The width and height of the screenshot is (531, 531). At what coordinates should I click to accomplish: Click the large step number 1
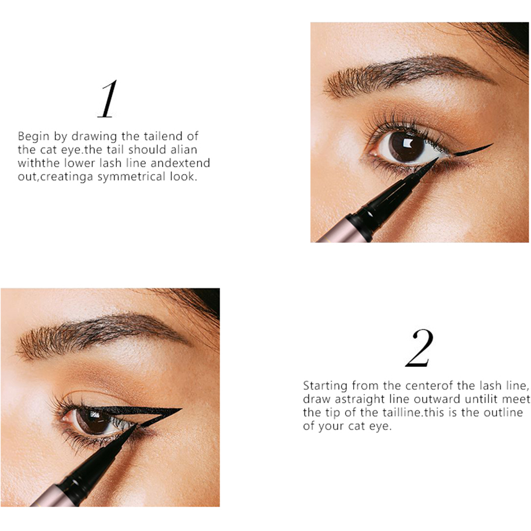pyautogui.click(x=108, y=99)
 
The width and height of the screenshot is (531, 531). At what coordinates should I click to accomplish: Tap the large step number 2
pyautogui.click(x=419, y=348)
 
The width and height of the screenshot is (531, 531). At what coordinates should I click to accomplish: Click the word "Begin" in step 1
pyautogui.click(x=33, y=137)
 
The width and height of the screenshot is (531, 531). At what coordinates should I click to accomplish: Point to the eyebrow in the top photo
pyautogui.click(x=406, y=74)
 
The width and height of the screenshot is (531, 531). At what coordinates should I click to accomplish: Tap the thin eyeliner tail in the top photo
pyautogui.click(x=473, y=149)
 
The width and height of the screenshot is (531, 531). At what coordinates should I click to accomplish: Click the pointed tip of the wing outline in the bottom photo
pyautogui.click(x=182, y=409)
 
